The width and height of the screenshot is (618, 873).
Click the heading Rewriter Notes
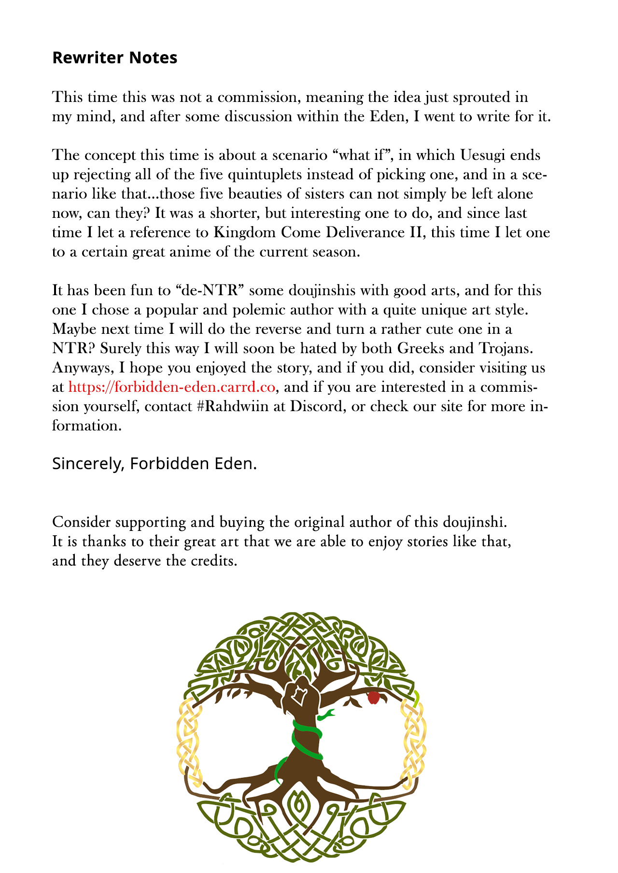114,57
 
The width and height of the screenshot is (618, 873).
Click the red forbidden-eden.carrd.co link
172,387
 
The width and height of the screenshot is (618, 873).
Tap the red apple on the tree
373,697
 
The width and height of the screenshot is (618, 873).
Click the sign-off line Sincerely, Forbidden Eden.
154,464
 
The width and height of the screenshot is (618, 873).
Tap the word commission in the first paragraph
259,97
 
